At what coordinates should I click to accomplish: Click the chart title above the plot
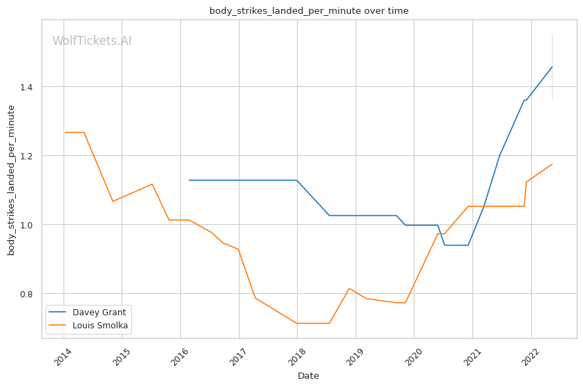click(x=309, y=11)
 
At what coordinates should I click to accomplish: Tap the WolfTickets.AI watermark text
click(x=92, y=41)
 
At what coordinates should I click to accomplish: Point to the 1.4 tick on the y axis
click(x=26, y=88)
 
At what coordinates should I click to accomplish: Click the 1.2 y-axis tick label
click(x=26, y=156)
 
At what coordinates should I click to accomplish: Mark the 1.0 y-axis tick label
click(x=26, y=225)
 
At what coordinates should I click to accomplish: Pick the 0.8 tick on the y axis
click(x=26, y=294)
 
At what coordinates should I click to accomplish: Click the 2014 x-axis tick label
click(x=63, y=357)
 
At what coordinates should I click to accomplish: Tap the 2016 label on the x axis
click(x=180, y=357)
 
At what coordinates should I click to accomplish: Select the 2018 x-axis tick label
click(x=296, y=357)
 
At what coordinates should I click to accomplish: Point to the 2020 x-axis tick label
click(x=413, y=357)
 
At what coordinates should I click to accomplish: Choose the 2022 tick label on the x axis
click(x=531, y=357)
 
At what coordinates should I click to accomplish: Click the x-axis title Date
click(x=308, y=376)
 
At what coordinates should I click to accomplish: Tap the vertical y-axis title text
click(x=11, y=180)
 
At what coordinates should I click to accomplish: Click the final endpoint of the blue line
click(x=552, y=67)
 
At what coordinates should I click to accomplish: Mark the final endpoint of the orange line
click(x=552, y=164)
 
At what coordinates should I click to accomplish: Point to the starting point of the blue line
click(x=189, y=180)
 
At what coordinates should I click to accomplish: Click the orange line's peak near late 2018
click(x=350, y=288)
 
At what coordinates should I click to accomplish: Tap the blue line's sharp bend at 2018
click(x=297, y=180)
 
